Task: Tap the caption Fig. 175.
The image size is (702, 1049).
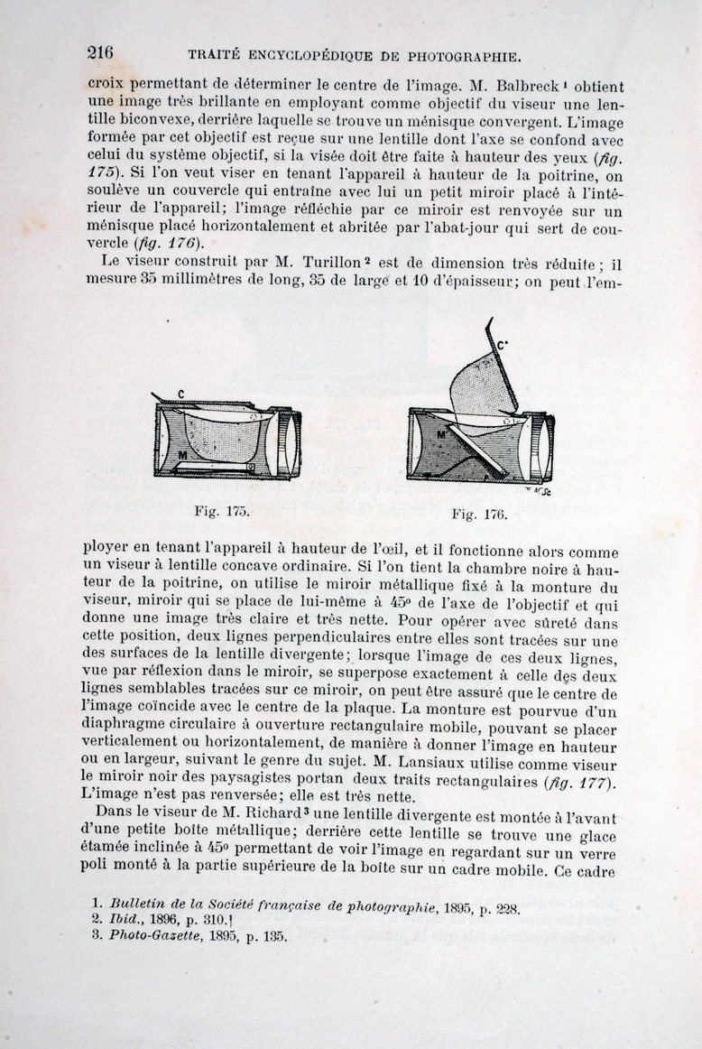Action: pyautogui.click(x=221, y=510)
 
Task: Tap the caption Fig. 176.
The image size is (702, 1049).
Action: pyautogui.click(x=478, y=515)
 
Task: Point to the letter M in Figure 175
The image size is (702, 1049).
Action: pyautogui.click(x=182, y=456)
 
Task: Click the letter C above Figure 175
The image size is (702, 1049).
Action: pyautogui.click(x=181, y=394)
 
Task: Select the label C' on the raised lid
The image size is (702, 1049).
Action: pyautogui.click(x=502, y=344)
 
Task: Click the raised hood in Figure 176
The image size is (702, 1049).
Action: pyautogui.click(x=481, y=379)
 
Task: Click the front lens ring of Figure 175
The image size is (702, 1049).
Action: pyautogui.click(x=291, y=442)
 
